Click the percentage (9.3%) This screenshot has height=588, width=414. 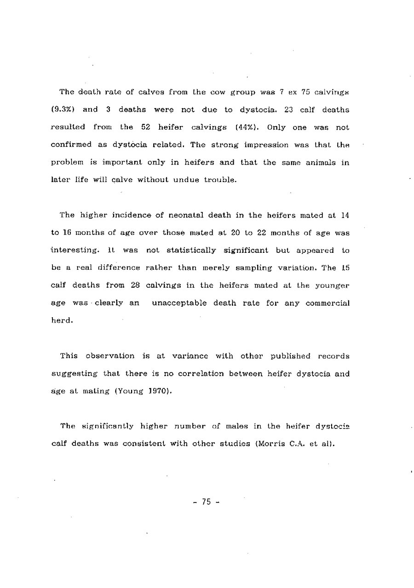(x=72, y=110)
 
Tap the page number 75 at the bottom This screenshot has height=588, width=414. (x=207, y=502)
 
